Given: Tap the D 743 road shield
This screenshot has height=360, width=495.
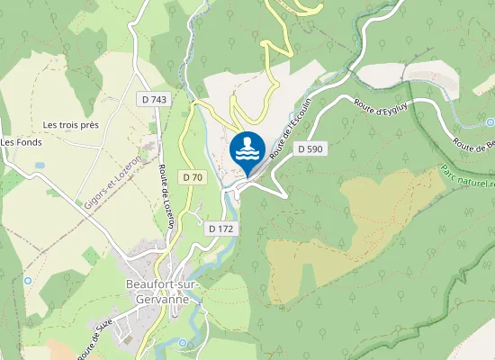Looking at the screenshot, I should [x=155, y=96].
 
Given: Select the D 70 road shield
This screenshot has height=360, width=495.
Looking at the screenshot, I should [x=192, y=177].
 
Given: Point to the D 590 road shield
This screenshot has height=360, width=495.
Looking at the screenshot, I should [x=309, y=148].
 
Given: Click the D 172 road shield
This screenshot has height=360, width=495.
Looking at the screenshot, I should [x=220, y=229].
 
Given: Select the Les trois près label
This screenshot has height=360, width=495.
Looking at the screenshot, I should [x=70, y=123].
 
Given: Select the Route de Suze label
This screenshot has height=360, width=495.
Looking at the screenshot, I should [x=98, y=341].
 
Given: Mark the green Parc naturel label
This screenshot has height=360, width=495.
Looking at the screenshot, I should [x=468, y=175].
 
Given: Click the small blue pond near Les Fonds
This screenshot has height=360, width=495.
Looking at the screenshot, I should [x=40, y=166].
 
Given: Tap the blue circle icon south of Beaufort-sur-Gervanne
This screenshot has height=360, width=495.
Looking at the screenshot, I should [x=184, y=343].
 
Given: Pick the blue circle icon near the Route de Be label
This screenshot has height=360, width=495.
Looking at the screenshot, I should [x=490, y=121].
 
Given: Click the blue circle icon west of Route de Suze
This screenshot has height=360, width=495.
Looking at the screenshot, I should [x=28, y=280].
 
